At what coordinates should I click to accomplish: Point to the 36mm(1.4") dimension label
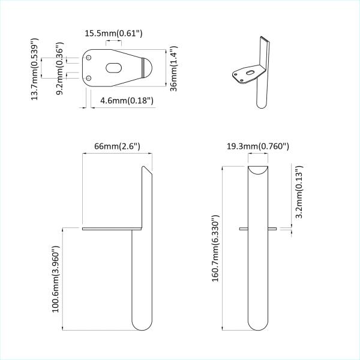coord(174,67)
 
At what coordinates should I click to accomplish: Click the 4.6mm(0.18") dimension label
coord(127,100)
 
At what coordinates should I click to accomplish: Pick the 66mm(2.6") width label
coord(117,146)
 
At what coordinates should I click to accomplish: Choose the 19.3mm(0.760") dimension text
coord(258,146)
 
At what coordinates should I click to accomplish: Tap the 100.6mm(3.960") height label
coord(56,278)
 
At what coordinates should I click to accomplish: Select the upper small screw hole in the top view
coord(89,58)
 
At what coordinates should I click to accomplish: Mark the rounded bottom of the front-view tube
coord(258,324)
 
